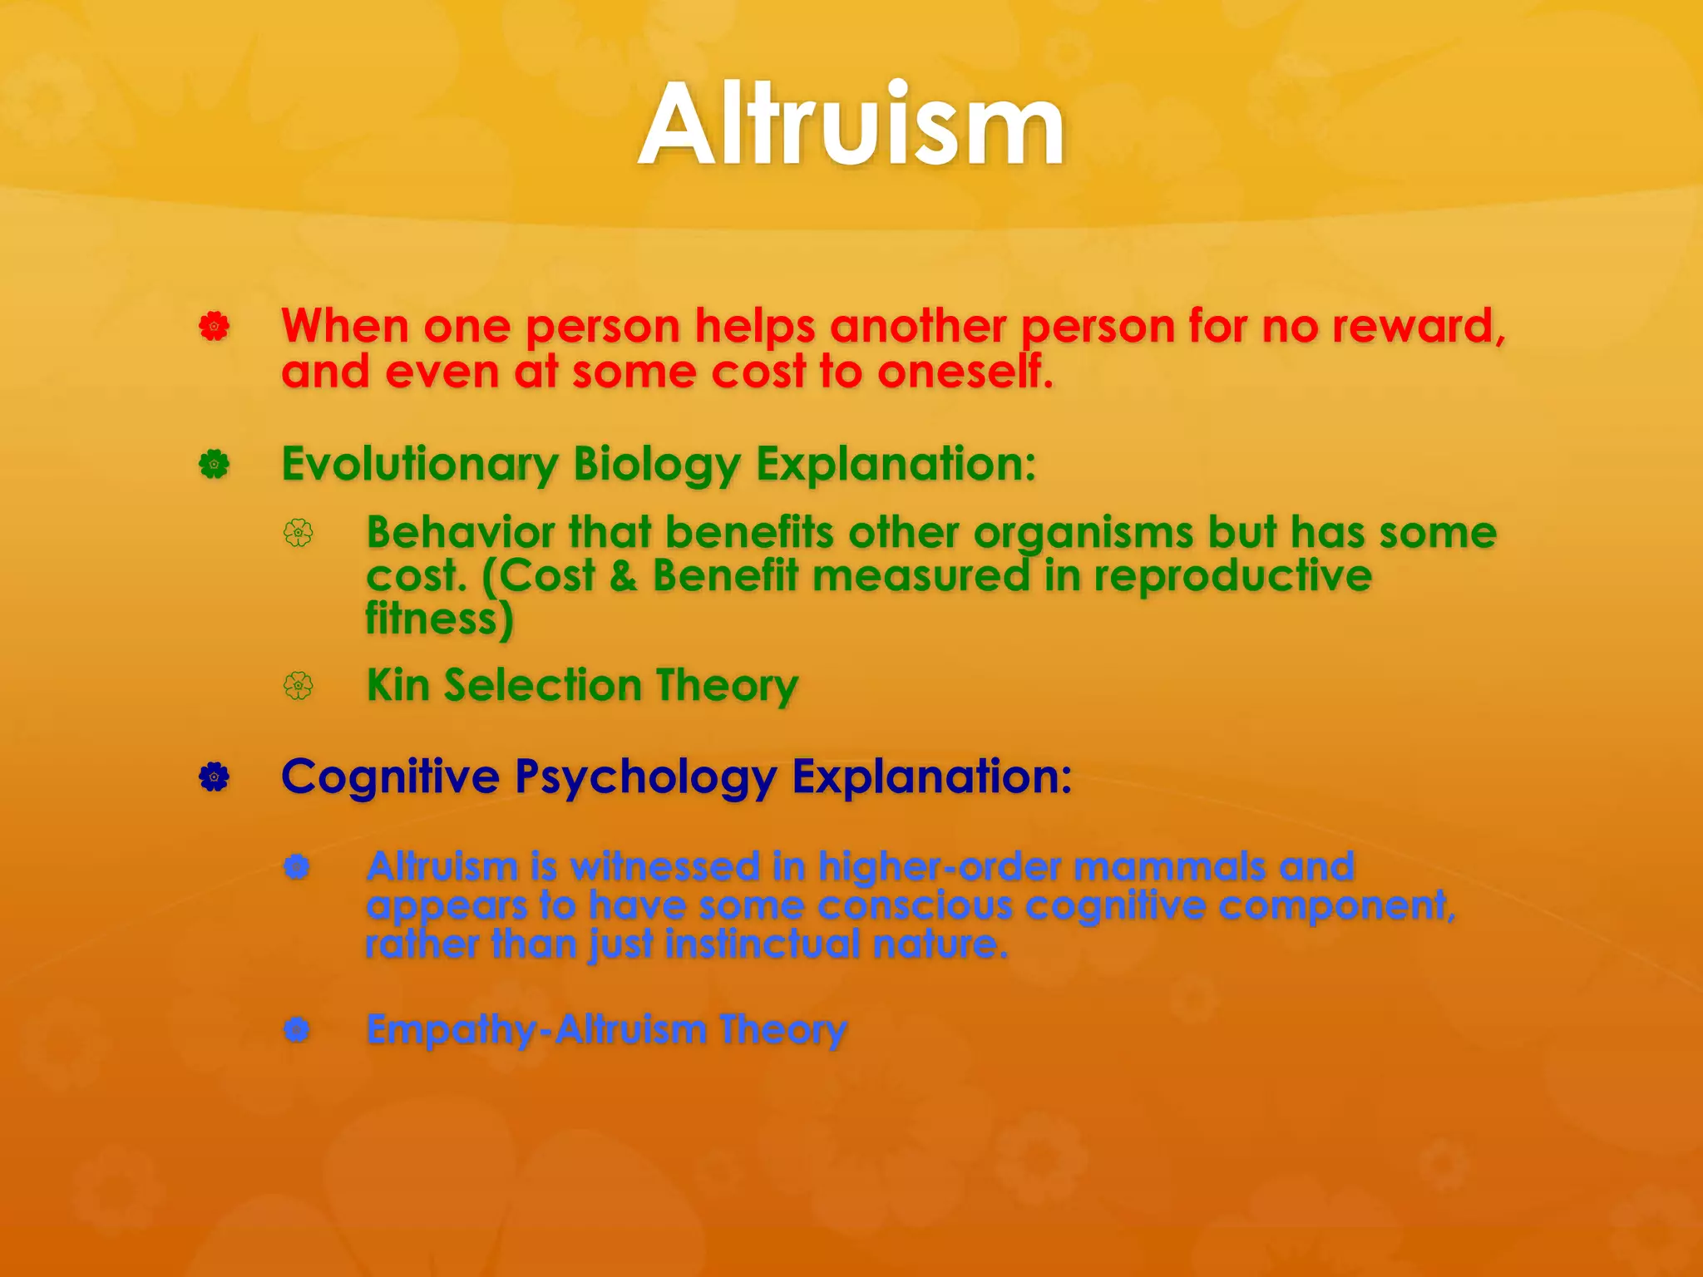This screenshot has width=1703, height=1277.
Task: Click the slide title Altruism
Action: click(851, 126)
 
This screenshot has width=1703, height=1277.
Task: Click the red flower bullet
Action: click(214, 327)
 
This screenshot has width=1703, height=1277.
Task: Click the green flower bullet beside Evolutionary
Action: click(214, 465)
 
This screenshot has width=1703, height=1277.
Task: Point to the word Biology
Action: click(656, 465)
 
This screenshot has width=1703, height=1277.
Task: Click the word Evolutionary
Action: click(419, 465)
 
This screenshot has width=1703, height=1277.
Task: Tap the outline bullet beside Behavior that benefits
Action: click(299, 533)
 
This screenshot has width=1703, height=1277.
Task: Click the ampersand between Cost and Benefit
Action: click(623, 575)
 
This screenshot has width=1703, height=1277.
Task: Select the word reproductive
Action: click(1232, 575)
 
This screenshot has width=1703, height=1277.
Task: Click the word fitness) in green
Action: click(439, 619)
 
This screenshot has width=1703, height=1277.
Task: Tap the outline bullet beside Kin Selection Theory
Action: click(299, 686)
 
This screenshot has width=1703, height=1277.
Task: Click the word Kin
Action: click(397, 686)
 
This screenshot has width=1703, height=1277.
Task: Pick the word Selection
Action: click(542, 686)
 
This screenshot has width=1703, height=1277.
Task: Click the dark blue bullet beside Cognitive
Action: click(214, 777)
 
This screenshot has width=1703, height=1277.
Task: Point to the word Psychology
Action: click(645, 777)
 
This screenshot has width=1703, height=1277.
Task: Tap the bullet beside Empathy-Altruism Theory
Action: click(297, 1030)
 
